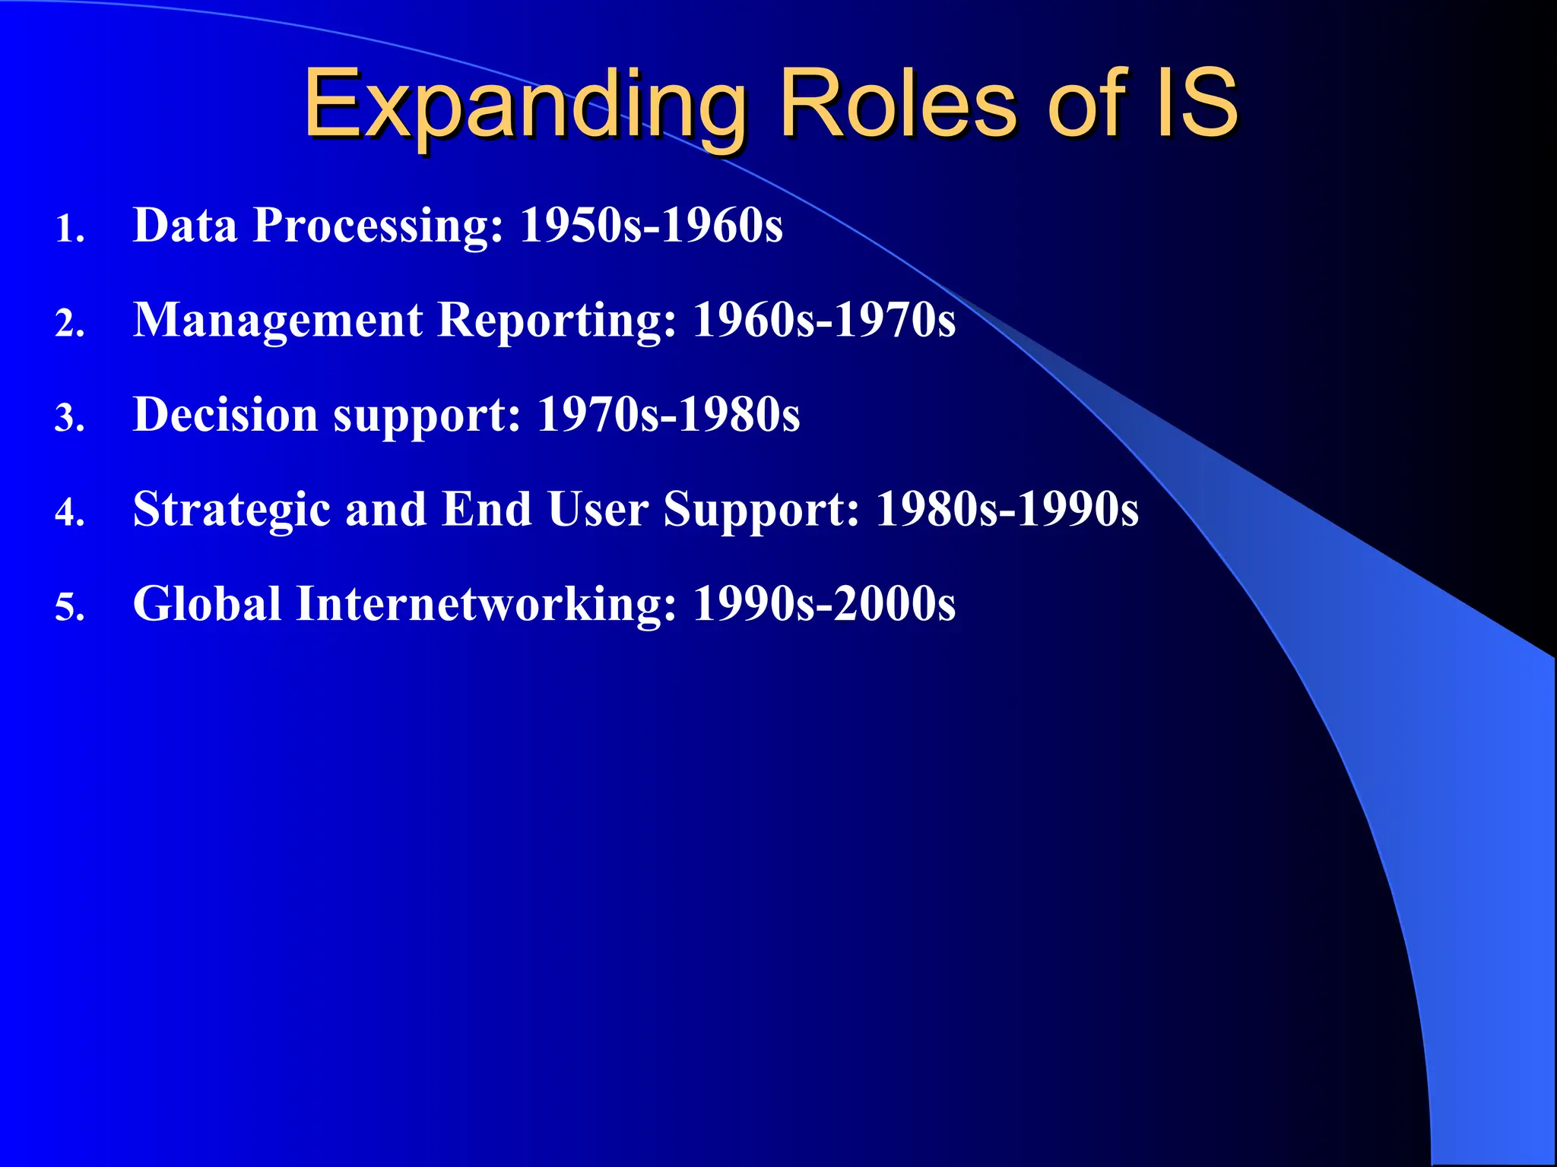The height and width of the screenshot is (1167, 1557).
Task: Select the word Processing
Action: point(378,226)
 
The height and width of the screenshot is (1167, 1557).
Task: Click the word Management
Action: point(277,321)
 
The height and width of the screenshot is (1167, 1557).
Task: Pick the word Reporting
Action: point(557,321)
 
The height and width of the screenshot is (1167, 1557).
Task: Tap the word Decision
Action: point(225,415)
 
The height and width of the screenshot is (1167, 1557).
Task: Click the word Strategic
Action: point(231,510)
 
